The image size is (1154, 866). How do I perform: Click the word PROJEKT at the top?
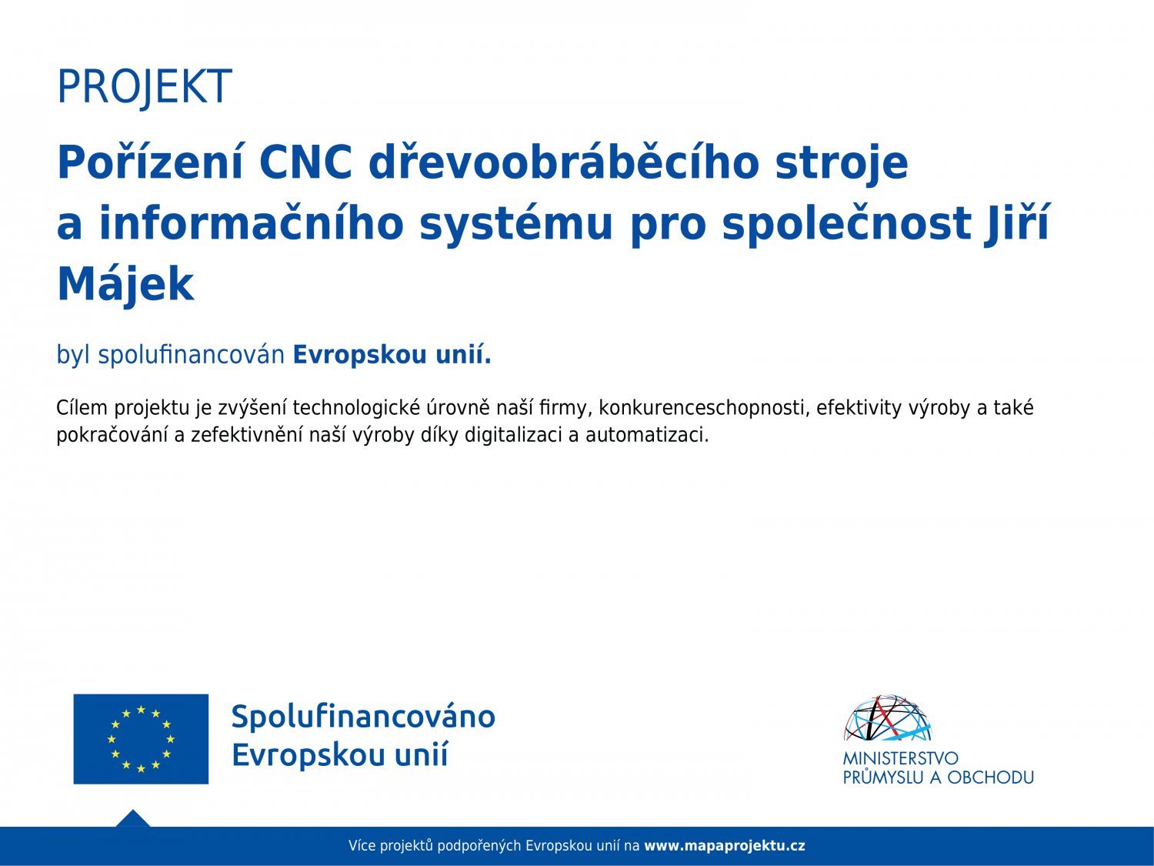pos(144,87)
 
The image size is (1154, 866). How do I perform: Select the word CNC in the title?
pos(305,162)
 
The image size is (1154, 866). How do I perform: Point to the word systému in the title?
pos(516,223)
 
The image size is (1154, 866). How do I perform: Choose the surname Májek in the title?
pos(125,283)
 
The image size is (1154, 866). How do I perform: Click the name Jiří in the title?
pos(1017,223)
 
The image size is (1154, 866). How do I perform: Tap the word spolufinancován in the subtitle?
pos(192,354)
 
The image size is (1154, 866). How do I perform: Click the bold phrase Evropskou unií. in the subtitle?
pos(392,354)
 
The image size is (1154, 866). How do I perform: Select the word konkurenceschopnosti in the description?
pos(702,407)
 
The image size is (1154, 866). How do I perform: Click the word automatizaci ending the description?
pos(647,435)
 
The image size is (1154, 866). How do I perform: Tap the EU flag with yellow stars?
pos(141,739)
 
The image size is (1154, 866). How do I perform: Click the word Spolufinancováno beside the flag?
pos(363,717)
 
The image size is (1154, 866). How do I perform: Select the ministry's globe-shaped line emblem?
pos(888,717)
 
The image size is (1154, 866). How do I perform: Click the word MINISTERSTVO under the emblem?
pos(901,758)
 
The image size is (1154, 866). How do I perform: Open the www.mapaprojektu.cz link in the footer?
pos(725,845)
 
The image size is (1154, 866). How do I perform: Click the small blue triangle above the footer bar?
pos(133,819)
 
